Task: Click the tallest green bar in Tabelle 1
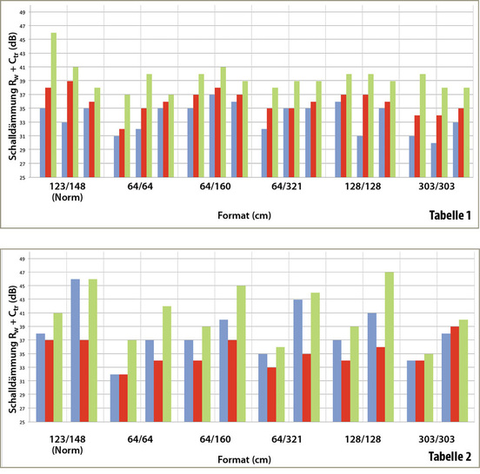click(x=54, y=104)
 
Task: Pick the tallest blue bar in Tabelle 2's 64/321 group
click(x=297, y=360)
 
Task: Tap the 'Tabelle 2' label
click(x=445, y=457)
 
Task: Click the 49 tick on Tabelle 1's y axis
click(x=23, y=12)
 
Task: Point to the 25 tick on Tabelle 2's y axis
click(x=23, y=422)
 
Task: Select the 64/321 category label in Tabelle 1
click(x=288, y=184)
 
